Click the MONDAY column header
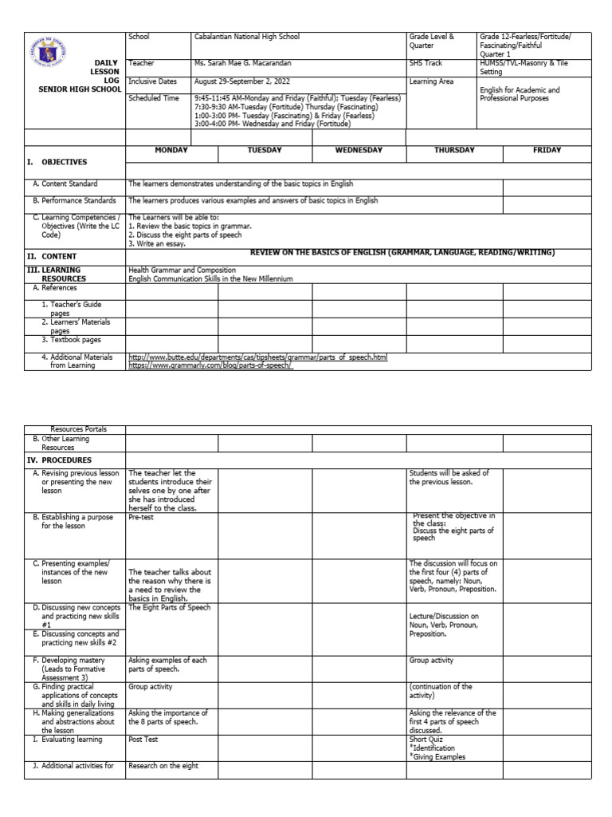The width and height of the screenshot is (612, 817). [x=171, y=150]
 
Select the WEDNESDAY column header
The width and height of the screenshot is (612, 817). [x=359, y=150]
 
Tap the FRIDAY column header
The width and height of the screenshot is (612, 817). [x=547, y=150]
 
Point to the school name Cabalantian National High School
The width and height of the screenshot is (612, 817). [x=247, y=37]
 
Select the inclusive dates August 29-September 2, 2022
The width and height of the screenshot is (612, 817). [x=249, y=81]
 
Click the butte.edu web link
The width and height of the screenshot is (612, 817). [x=257, y=358]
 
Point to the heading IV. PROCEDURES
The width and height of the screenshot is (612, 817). [x=60, y=460]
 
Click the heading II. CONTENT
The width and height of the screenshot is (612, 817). [x=53, y=256]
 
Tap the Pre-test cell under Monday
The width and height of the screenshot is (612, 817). [x=141, y=517]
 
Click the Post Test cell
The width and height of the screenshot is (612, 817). [x=143, y=739]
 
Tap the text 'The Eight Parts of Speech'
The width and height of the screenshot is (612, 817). [x=168, y=607]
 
